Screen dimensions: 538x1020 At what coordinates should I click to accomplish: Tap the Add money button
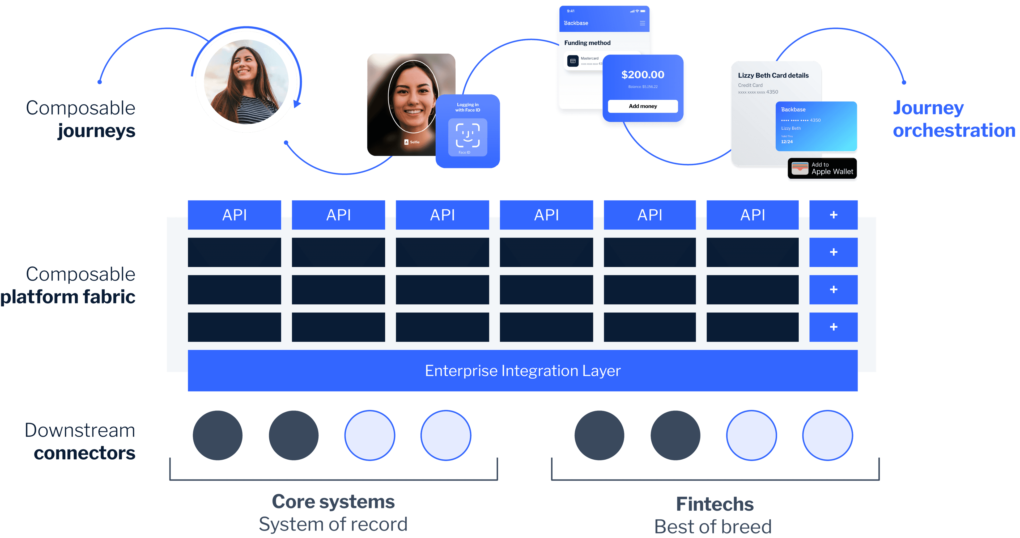[x=643, y=106]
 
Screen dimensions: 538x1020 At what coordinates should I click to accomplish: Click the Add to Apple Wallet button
[x=822, y=168]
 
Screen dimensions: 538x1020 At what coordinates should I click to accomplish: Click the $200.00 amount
[x=643, y=74]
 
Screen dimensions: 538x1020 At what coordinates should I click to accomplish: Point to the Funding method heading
[x=587, y=43]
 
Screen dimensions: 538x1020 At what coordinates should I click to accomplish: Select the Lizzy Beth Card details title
[x=773, y=75]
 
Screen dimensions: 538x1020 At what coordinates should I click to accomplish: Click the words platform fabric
[x=68, y=297]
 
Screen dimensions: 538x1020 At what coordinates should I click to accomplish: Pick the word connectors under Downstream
[x=84, y=453]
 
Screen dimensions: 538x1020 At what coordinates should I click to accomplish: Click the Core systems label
[x=333, y=502]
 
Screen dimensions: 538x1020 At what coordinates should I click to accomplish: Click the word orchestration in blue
[x=954, y=130]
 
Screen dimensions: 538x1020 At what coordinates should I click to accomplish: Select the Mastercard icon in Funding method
[x=573, y=61]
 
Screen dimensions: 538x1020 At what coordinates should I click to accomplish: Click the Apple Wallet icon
[x=800, y=168]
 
